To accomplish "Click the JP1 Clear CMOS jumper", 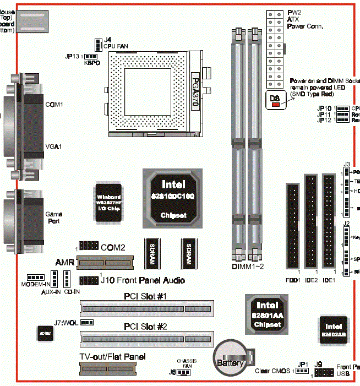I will (301, 371).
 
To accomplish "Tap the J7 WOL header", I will (87, 322).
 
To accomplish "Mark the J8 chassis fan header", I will (183, 373).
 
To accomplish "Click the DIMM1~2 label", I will (248, 267).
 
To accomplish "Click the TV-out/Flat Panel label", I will (112, 356).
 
